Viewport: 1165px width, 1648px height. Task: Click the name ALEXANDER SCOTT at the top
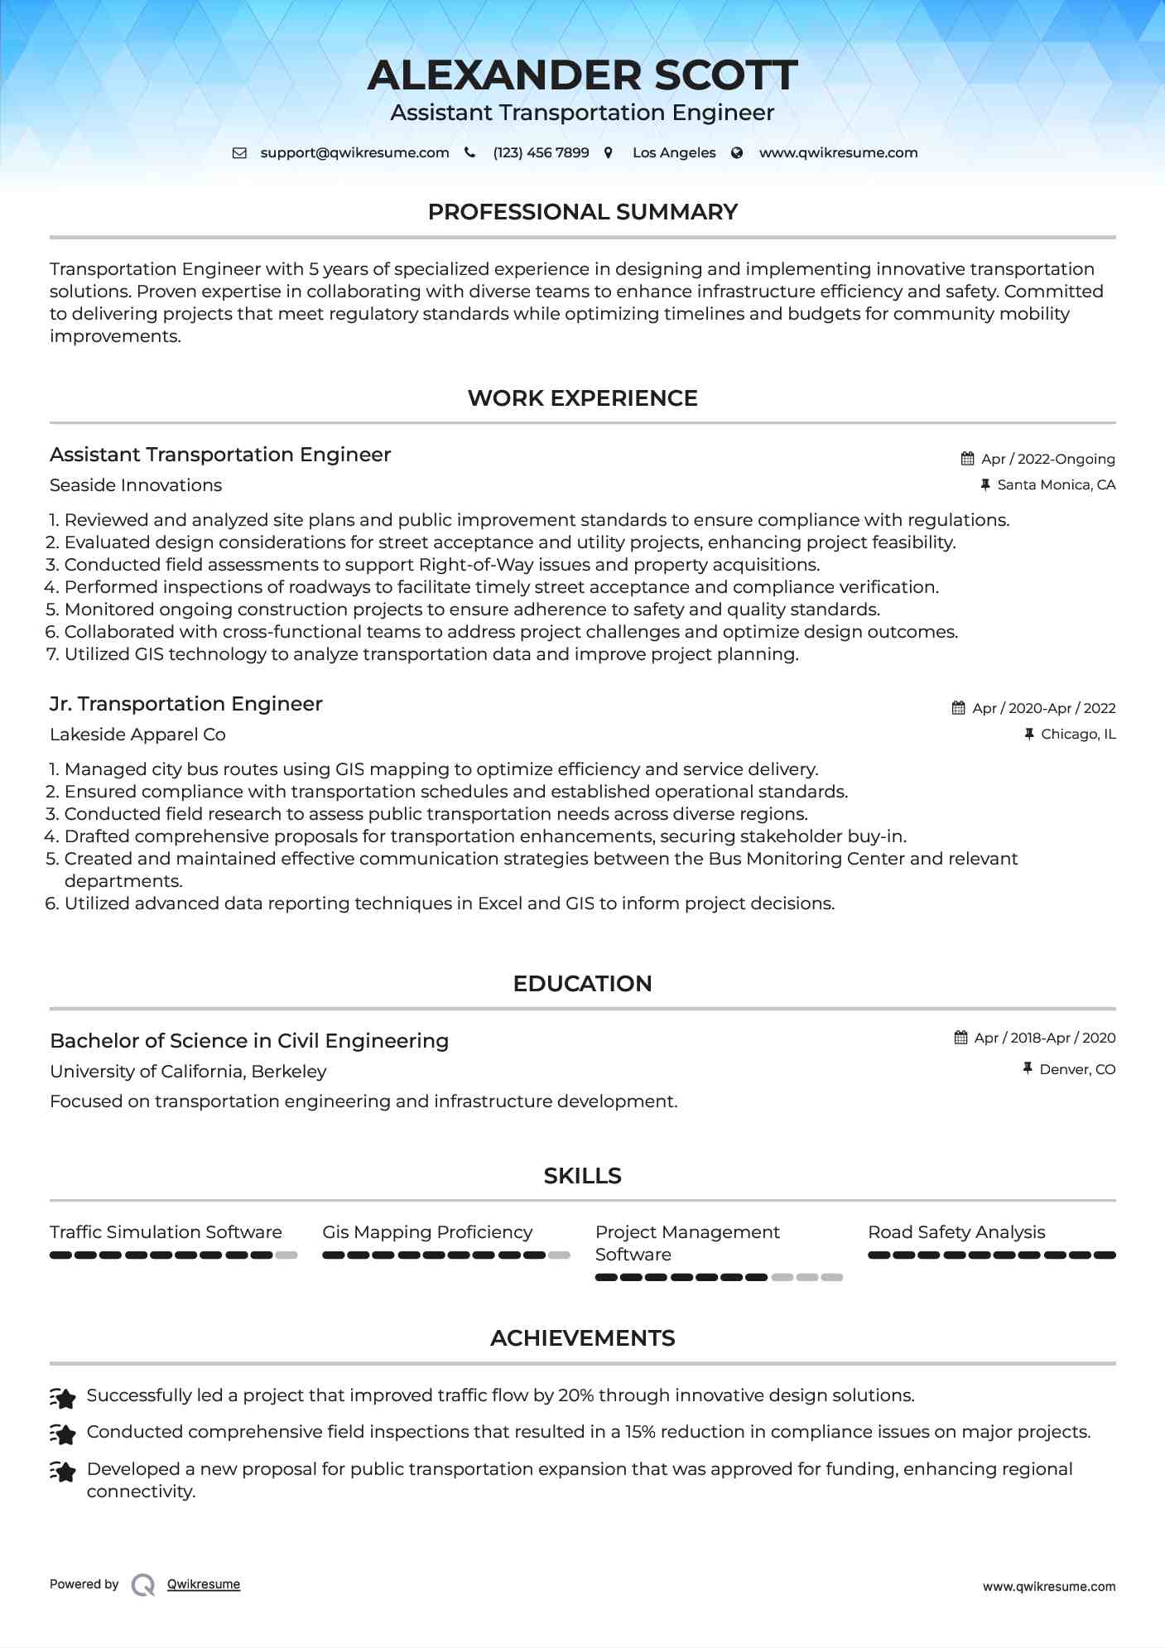(x=582, y=75)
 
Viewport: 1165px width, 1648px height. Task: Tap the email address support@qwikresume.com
(x=354, y=153)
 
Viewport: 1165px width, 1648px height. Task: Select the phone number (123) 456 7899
(x=541, y=153)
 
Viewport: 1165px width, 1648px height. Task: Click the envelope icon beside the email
(x=239, y=153)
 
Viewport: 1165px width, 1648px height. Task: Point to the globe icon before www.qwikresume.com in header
(x=737, y=153)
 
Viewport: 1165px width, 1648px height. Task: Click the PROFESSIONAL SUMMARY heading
(x=582, y=212)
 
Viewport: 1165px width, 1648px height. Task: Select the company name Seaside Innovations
(x=136, y=485)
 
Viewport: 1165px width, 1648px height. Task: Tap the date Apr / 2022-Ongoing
(x=1047, y=459)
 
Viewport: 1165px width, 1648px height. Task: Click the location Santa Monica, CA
(x=1056, y=485)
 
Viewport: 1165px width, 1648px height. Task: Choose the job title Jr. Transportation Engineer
(x=185, y=704)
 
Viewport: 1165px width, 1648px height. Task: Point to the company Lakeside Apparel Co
(x=137, y=735)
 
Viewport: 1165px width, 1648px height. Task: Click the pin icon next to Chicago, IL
(x=1029, y=735)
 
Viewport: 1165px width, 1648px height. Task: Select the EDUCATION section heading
(x=582, y=984)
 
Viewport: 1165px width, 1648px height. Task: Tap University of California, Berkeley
(x=188, y=1072)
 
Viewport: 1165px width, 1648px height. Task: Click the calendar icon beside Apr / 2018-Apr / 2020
(x=960, y=1038)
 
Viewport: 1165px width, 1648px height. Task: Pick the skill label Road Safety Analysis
(x=956, y=1232)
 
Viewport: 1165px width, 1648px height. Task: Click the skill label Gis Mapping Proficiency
(x=427, y=1232)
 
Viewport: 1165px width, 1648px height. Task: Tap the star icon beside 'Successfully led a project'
(x=63, y=1398)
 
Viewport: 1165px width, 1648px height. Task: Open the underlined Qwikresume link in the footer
(x=204, y=1584)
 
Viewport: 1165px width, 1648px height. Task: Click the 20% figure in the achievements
(x=575, y=1395)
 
